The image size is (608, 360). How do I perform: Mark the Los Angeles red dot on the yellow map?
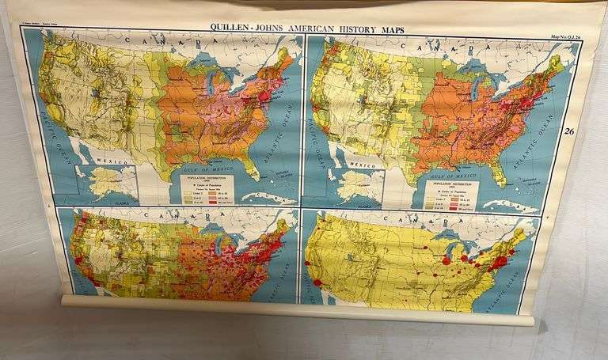click(x=319, y=282)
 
